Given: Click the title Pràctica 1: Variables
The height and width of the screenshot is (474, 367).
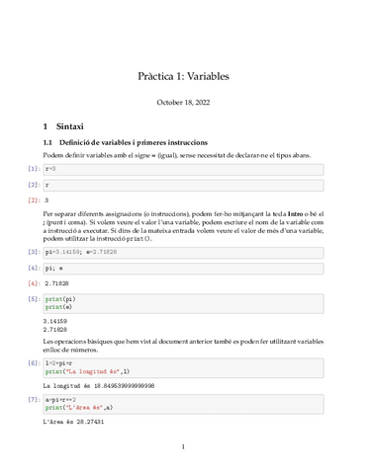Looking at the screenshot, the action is tap(183, 75).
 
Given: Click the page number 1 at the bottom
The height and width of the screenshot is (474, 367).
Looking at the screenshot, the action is tap(183, 447).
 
